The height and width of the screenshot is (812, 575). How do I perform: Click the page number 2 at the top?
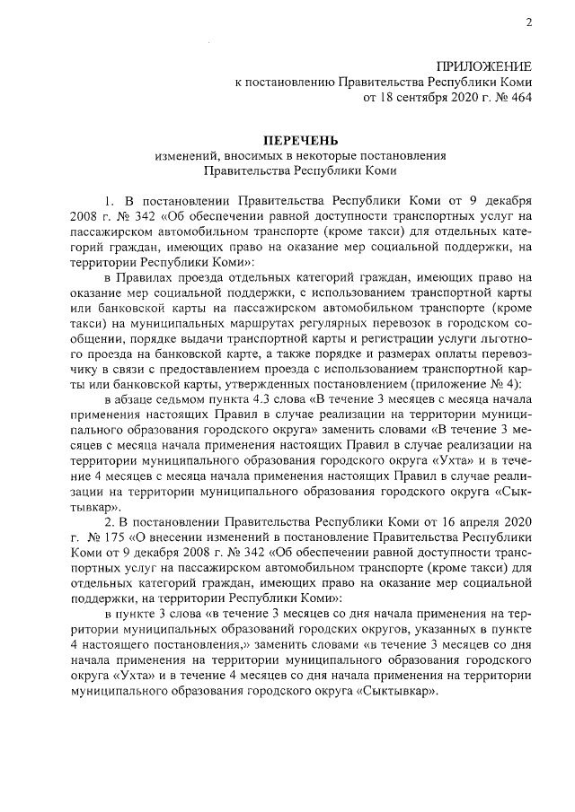point(528,23)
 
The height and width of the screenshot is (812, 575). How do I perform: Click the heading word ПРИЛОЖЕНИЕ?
point(484,66)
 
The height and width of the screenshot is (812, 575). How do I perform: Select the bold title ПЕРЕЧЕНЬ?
point(300,141)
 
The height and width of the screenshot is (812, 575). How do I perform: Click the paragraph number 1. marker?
point(111,199)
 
